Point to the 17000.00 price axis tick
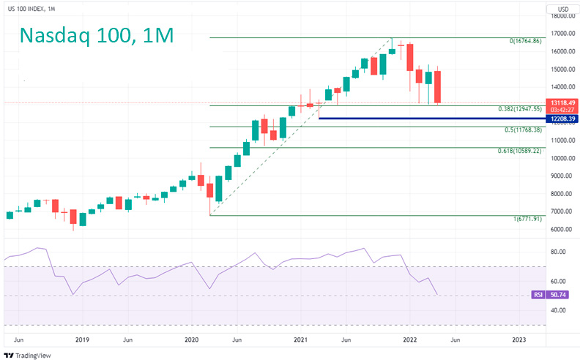click(562, 34)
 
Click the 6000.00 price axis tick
click(562, 229)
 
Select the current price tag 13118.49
click(562, 102)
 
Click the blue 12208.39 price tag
click(562, 119)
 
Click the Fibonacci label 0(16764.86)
click(524, 42)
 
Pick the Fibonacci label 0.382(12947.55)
click(518, 109)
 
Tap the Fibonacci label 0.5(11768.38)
click(523, 130)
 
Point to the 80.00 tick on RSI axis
click(558, 252)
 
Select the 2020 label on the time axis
click(191, 340)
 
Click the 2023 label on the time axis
click(518, 340)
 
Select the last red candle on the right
click(437, 86)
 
